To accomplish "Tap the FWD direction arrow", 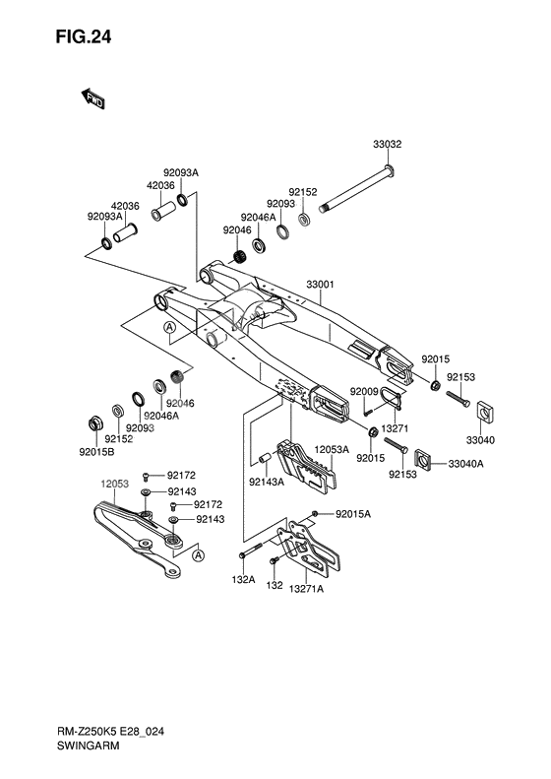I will coord(93,97).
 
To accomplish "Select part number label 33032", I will coord(387,145).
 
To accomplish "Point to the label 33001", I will coord(321,285).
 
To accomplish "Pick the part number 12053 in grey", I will coord(115,486).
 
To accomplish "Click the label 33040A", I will coord(465,463).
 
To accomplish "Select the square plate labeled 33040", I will coord(483,409).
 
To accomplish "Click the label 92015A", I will coord(353,514).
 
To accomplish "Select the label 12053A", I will coord(333,450).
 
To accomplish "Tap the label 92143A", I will coord(267,482).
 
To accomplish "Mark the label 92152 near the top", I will coord(302,193).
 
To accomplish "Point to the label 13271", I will coord(396,429).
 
